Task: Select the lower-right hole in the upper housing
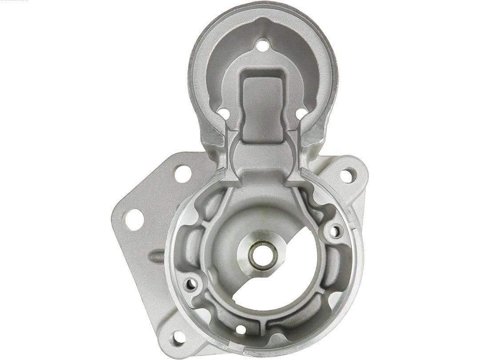click(x=301, y=114)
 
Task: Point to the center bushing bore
click(x=263, y=254)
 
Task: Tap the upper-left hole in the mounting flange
click(x=183, y=174)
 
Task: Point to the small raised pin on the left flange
click(x=157, y=256)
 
